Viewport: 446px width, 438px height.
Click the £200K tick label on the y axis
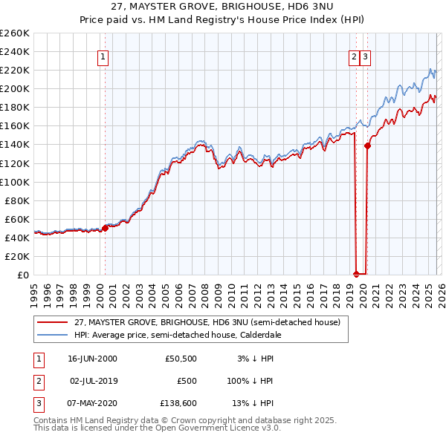coord(14,88)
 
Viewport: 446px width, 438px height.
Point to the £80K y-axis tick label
coord(16,200)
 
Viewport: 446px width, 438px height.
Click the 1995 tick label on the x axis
coord(35,290)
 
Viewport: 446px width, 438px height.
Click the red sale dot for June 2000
coord(105,228)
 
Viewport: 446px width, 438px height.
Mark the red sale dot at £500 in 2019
coord(356,274)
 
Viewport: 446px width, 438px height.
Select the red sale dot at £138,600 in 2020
coord(367,146)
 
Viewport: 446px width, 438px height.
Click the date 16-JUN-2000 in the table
coord(92,359)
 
